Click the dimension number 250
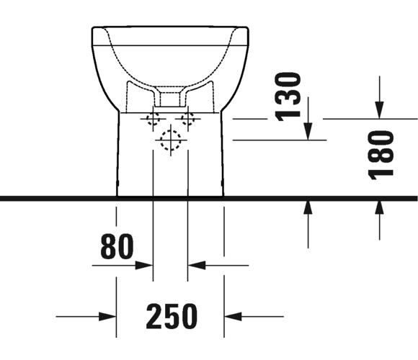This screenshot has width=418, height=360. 172,316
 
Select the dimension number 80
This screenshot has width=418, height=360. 117,246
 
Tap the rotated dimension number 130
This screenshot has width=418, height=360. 288,97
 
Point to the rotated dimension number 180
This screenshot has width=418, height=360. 381,155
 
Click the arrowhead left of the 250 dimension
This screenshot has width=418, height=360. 107,317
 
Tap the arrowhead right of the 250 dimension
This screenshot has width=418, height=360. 233,317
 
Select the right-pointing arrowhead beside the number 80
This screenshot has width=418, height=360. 144,266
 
